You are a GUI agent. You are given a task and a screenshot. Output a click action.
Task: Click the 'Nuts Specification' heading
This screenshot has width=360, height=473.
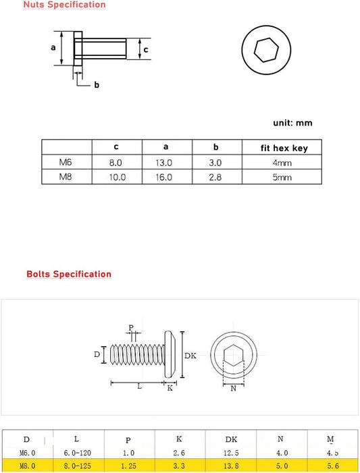point(64,5)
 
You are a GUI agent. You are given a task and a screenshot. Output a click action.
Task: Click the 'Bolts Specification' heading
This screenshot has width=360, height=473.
point(69,274)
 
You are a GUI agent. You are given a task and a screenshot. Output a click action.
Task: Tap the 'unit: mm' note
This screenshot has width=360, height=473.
point(292,123)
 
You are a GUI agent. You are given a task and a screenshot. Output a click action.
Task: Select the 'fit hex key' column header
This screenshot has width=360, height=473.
point(284,148)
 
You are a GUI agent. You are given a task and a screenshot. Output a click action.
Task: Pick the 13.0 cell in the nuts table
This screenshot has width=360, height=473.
point(164,163)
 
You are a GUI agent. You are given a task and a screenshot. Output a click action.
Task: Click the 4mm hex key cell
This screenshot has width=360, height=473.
point(282,163)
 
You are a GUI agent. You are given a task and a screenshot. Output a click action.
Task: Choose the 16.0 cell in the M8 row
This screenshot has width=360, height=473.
point(164,177)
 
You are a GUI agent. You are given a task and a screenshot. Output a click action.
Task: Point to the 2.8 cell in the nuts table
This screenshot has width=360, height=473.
point(215,177)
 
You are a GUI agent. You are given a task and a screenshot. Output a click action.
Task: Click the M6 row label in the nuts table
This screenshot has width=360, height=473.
point(66,163)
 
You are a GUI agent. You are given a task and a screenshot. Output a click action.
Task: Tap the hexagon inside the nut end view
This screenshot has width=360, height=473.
point(265,50)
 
